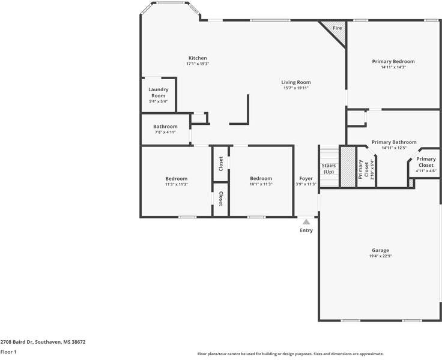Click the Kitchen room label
[198, 58]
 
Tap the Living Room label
[296, 82]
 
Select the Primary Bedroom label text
[393, 61]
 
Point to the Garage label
[380, 250]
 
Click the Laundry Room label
[159, 92]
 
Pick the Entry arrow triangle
[306, 222]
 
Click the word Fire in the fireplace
[337, 28]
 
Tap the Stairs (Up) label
[328, 169]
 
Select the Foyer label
[306, 179]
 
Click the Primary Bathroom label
[394, 142]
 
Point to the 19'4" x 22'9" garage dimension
[381, 256]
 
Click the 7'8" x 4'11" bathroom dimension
[165, 132]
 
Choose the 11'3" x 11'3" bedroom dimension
[177, 185]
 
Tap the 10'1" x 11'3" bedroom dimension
[261, 184]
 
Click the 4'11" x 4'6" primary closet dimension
[426, 171]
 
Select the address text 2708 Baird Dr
[16, 342]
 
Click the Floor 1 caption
[8, 352]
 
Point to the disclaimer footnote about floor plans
[290, 354]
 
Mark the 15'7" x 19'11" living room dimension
[296, 88]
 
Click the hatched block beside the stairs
[348, 167]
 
